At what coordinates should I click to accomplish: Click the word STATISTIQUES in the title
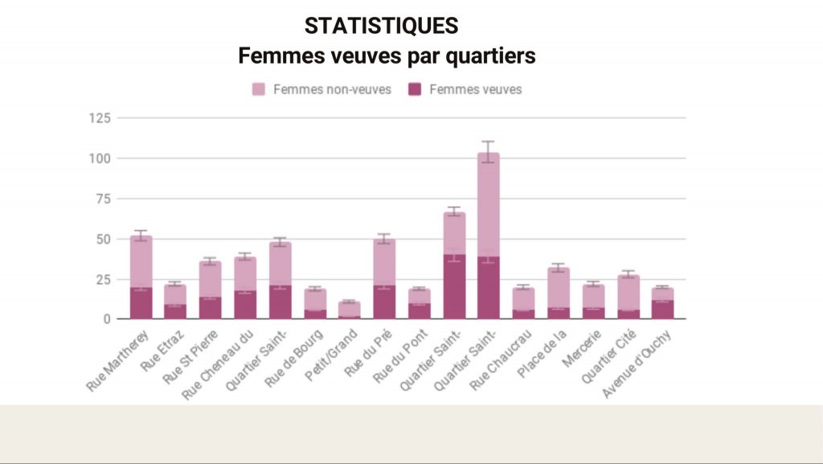point(381,26)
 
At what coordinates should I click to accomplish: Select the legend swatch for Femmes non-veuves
point(260,89)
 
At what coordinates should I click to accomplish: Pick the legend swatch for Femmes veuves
point(415,89)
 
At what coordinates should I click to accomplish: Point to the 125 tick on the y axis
point(100,118)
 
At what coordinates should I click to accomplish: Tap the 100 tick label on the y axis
point(100,158)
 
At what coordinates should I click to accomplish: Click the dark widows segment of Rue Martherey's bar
point(141,303)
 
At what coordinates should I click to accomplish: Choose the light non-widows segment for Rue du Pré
point(384,262)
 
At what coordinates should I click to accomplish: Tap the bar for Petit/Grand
point(349,310)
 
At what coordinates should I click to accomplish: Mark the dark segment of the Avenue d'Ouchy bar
point(663,310)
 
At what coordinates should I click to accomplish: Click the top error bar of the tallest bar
point(489,142)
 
